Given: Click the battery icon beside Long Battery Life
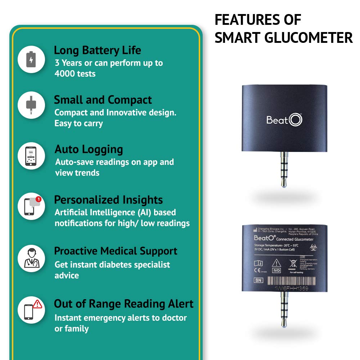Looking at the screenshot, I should pos(32,60).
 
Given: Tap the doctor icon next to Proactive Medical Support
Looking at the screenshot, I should pos(32,258).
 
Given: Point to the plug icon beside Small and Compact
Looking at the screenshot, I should pos(32,105).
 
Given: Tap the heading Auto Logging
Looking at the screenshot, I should pos(89,149).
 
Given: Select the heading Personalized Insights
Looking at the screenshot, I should pos(108,200).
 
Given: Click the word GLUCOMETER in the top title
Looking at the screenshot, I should pos(308,38).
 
